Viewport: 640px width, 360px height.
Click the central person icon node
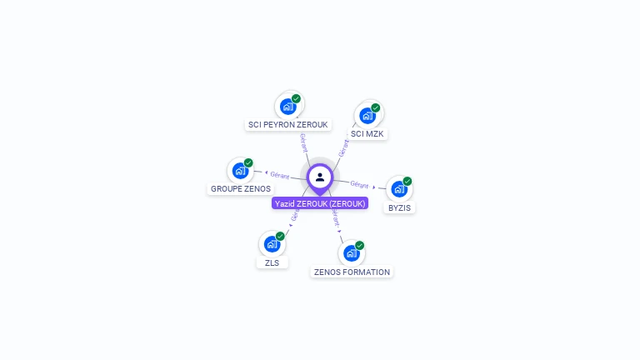point(320,177)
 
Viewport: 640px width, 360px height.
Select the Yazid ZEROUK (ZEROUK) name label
point(320,203)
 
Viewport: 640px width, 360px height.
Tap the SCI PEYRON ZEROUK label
point(288,125)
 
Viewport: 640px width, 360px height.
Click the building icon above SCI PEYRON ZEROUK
point(287,107)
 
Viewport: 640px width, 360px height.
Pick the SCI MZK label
point(367,133)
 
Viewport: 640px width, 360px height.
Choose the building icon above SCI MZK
point(367,116)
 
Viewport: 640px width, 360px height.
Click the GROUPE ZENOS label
point(241,189)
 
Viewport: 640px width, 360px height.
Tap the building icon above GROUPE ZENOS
point(240,171)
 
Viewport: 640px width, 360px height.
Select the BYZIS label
point(400,207)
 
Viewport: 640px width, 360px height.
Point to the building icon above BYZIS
point(398,189)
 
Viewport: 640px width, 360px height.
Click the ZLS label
point(272,262)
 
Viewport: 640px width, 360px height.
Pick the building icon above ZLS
point(271,244)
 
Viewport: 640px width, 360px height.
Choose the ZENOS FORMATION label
point(352,272)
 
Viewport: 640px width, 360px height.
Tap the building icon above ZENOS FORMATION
point(351,253)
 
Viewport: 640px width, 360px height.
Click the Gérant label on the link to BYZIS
point(359,184)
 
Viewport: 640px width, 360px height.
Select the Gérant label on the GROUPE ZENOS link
point(280,175)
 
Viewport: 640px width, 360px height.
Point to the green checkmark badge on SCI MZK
point(376,107)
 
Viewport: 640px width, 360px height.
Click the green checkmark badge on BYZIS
point(407,181)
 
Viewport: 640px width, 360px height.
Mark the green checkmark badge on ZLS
point(280,236)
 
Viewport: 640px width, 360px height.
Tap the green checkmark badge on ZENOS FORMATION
point(360,245)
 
